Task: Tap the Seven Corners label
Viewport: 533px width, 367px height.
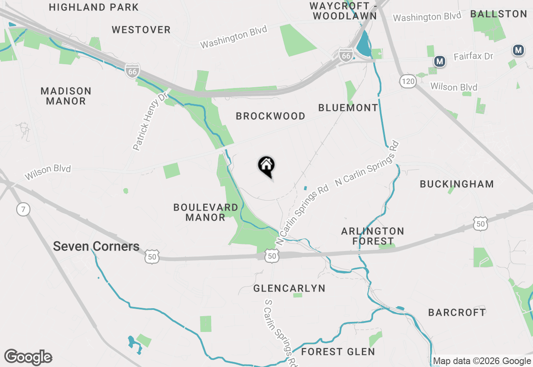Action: [96, 246]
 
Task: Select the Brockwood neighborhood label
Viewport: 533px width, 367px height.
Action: [271, 116]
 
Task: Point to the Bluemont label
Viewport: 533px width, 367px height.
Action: [348, 108]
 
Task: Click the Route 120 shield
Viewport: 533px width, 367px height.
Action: [408, 81]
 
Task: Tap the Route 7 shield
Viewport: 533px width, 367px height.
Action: [24, 209]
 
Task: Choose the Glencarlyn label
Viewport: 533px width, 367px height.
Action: [289, 288]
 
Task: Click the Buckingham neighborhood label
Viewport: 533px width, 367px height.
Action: [457, 184]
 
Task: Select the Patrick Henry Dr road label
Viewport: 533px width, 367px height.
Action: [149, 121]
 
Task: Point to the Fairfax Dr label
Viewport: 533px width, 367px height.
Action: [473, 56]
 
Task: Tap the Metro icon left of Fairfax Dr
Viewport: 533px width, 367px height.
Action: [439, 62]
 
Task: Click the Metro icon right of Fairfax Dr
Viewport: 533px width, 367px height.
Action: [518, 50]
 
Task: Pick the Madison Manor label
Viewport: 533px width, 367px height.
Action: [66, 96]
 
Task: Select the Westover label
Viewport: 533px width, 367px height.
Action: [141, 30]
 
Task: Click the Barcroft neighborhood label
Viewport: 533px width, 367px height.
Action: [457, 312]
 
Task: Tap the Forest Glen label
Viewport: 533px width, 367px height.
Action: [338, 352]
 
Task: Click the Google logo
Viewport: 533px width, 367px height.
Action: [28, 357]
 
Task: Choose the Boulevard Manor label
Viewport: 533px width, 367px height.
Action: [206, 212]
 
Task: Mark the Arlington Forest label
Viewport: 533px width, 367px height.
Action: [373, 236]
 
